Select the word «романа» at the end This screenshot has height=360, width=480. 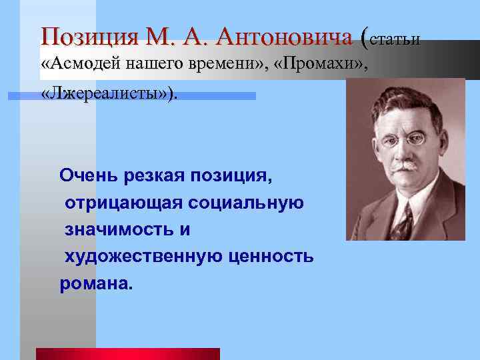click(x=93, y=283)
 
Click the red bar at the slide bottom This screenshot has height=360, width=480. click(x=127, y=354)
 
